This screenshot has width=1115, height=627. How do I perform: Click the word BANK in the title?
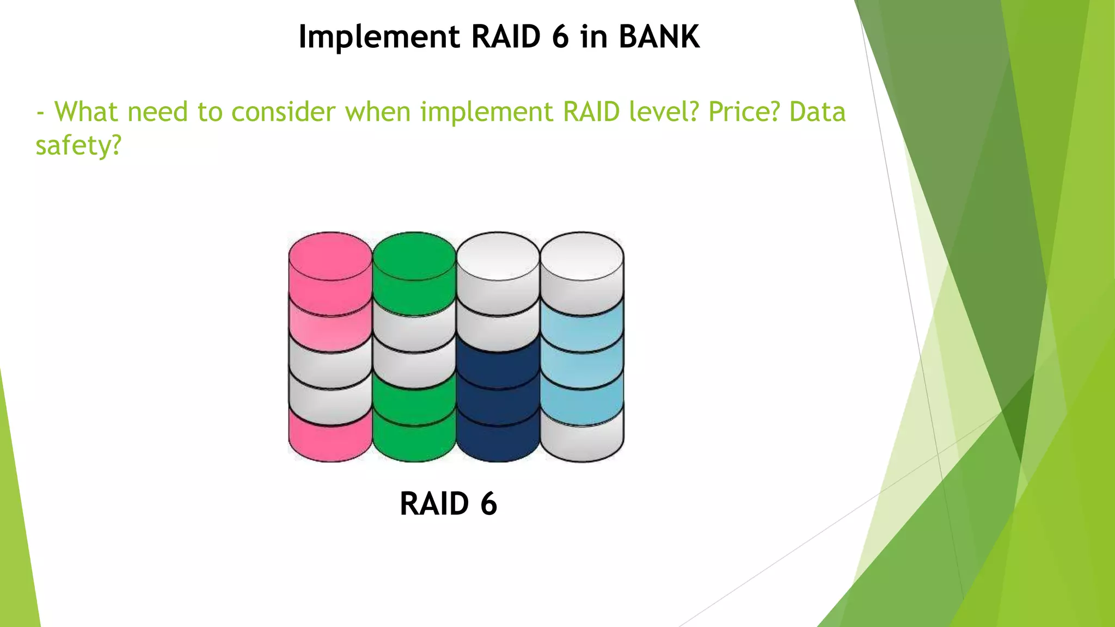tap(659, 37)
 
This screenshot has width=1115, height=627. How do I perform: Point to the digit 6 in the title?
tap(560, 37)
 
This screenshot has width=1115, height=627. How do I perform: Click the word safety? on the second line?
tap(78, 146)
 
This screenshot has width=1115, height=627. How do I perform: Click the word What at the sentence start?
tap(86, 112)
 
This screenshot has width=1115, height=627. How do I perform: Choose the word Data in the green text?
tap(817, 112)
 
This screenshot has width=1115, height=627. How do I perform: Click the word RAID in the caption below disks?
tap(434, 503)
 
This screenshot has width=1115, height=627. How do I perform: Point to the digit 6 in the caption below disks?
tap(488, 503)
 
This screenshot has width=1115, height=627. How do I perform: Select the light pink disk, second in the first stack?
tap(330, 329)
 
